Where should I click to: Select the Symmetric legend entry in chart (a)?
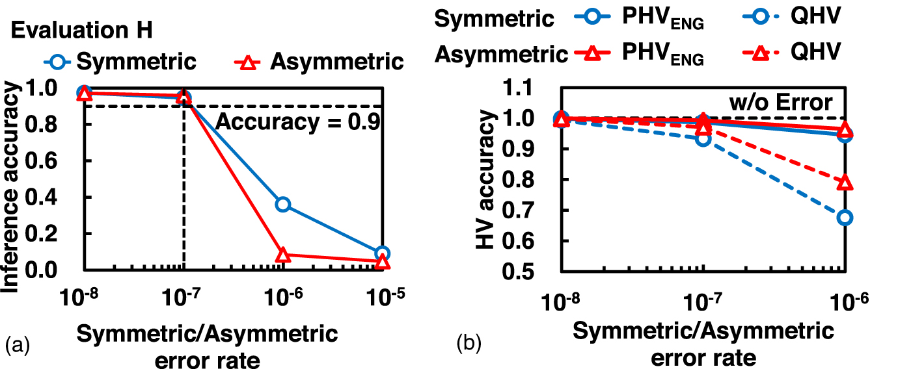click(x=120, y=62)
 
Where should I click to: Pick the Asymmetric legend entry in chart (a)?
click(x=318, y=62)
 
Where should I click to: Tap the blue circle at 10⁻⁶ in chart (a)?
click(x=282, y=204)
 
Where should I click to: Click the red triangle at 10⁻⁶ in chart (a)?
click(x=282, y=255)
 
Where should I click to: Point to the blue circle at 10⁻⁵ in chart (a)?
click(x=383, y=253)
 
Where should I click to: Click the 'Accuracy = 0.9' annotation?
click(x=297, y=121)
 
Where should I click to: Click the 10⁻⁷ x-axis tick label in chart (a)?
click(x=184, y=298)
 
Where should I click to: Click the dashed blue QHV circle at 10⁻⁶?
click(x=845, y=217)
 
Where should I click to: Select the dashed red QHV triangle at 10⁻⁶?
click(x=845, y=183)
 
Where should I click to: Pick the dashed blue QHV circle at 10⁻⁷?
click(x=703, y=138)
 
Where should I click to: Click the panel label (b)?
click(x=468, y=342)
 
